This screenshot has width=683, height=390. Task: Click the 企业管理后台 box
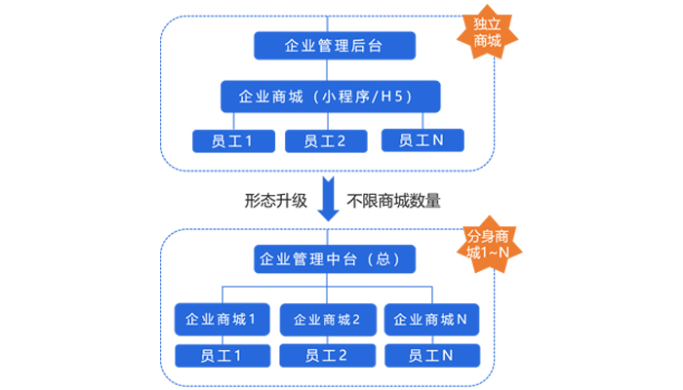[334, 46]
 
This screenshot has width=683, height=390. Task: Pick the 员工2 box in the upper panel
[325, 140]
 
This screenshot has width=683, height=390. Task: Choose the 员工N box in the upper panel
[422, 140]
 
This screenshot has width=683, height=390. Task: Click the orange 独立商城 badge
[485, 35]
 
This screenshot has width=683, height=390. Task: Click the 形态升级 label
[276, 202]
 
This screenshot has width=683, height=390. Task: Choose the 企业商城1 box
[221, 319]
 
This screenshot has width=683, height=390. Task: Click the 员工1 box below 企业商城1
[221, 355]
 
